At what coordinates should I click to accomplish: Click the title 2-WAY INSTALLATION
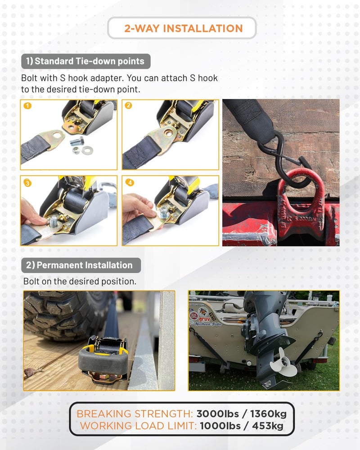point(184,28)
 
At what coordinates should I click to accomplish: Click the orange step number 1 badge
point(27,106)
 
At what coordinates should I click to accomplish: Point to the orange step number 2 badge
point(128,105)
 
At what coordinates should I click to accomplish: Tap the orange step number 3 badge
point(27,183)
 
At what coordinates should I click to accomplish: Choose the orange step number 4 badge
point(130,182)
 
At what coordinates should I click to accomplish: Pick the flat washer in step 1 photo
point(87,150)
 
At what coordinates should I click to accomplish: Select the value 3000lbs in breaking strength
point(218,414)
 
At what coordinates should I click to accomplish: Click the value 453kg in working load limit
point(268,426)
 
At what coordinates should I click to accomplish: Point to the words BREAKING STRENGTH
point(135,414)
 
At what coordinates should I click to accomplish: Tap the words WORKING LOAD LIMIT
point(138,426)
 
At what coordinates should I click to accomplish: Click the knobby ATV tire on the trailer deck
point(60,313)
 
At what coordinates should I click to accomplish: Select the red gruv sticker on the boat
point(204,319)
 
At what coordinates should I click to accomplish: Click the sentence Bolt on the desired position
point(80,281)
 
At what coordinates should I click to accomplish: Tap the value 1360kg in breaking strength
point(268,414)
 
